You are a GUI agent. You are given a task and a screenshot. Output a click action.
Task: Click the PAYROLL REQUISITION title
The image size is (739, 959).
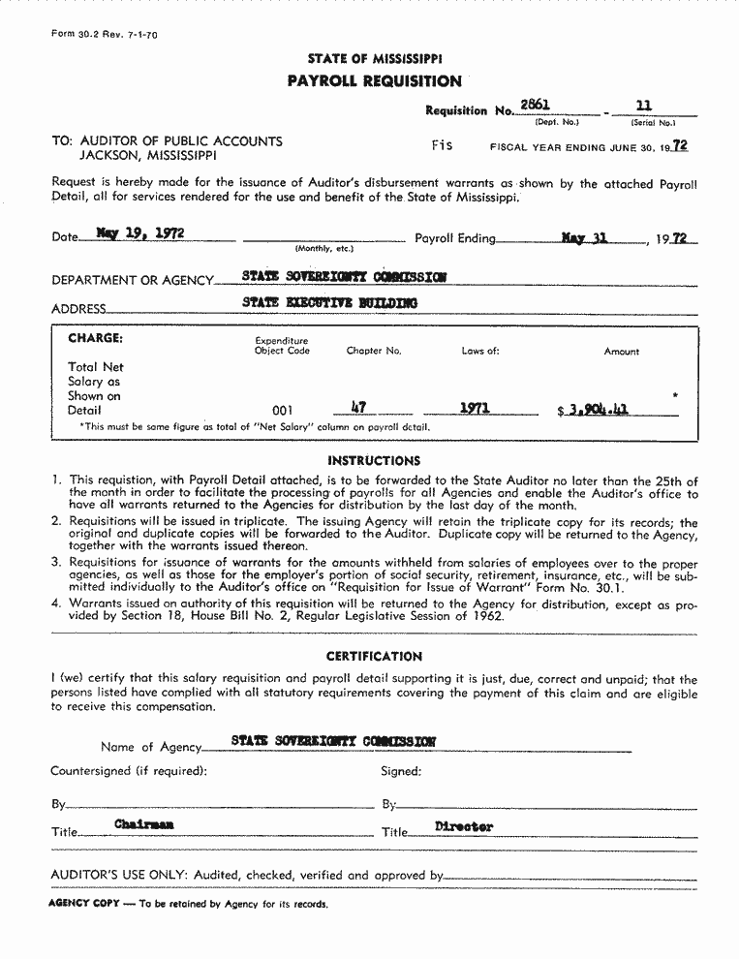click(374, 81)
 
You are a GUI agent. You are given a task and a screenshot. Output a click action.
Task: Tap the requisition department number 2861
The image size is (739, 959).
click(535, 105)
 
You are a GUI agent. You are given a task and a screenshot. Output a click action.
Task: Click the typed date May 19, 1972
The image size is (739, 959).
click(140, 233)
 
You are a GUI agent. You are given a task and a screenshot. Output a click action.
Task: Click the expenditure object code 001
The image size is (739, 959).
click(283, 411)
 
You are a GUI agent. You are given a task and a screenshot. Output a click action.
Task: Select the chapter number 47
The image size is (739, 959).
click(358, 408)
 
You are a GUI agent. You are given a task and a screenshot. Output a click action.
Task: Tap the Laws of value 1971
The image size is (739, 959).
click(475, 409)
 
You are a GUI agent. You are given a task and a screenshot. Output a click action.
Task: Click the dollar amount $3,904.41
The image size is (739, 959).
click(594, 410)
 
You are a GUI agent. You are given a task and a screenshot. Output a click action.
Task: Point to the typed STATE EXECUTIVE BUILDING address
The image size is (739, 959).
click(329, 303)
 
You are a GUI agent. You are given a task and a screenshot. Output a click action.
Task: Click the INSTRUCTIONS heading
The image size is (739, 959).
click(374, 461)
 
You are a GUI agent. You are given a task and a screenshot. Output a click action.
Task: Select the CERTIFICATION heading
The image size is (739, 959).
click(374, 657)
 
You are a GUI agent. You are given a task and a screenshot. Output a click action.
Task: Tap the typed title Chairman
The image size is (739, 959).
click(144, 824)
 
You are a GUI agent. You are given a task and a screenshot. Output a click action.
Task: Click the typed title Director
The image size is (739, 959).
click(464, 826)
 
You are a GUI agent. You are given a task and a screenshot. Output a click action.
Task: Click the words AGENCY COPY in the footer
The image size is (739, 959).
click(83, 904)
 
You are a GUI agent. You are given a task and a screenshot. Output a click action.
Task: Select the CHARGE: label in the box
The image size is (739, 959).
click(95, 339)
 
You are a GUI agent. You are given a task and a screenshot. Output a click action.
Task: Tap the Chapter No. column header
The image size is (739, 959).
click(373, 351)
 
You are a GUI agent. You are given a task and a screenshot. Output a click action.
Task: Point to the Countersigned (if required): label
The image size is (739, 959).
click(129, 772)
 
